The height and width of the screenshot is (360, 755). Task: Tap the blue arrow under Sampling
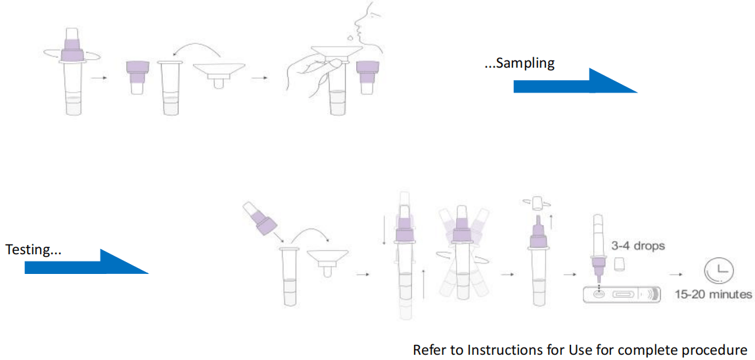[574, 81]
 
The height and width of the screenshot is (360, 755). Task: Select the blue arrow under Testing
[86, 262]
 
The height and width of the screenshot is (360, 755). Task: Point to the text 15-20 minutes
[713, 294]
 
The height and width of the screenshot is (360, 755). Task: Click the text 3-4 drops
[637, 246]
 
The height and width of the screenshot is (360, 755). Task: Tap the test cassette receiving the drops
[622, 295]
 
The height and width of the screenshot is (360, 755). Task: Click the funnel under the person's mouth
[335, 53]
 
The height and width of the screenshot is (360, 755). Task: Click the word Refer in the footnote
[428, 349]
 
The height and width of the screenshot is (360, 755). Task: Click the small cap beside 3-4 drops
[618, 264]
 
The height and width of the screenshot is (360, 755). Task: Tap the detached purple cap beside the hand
[367, 74]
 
